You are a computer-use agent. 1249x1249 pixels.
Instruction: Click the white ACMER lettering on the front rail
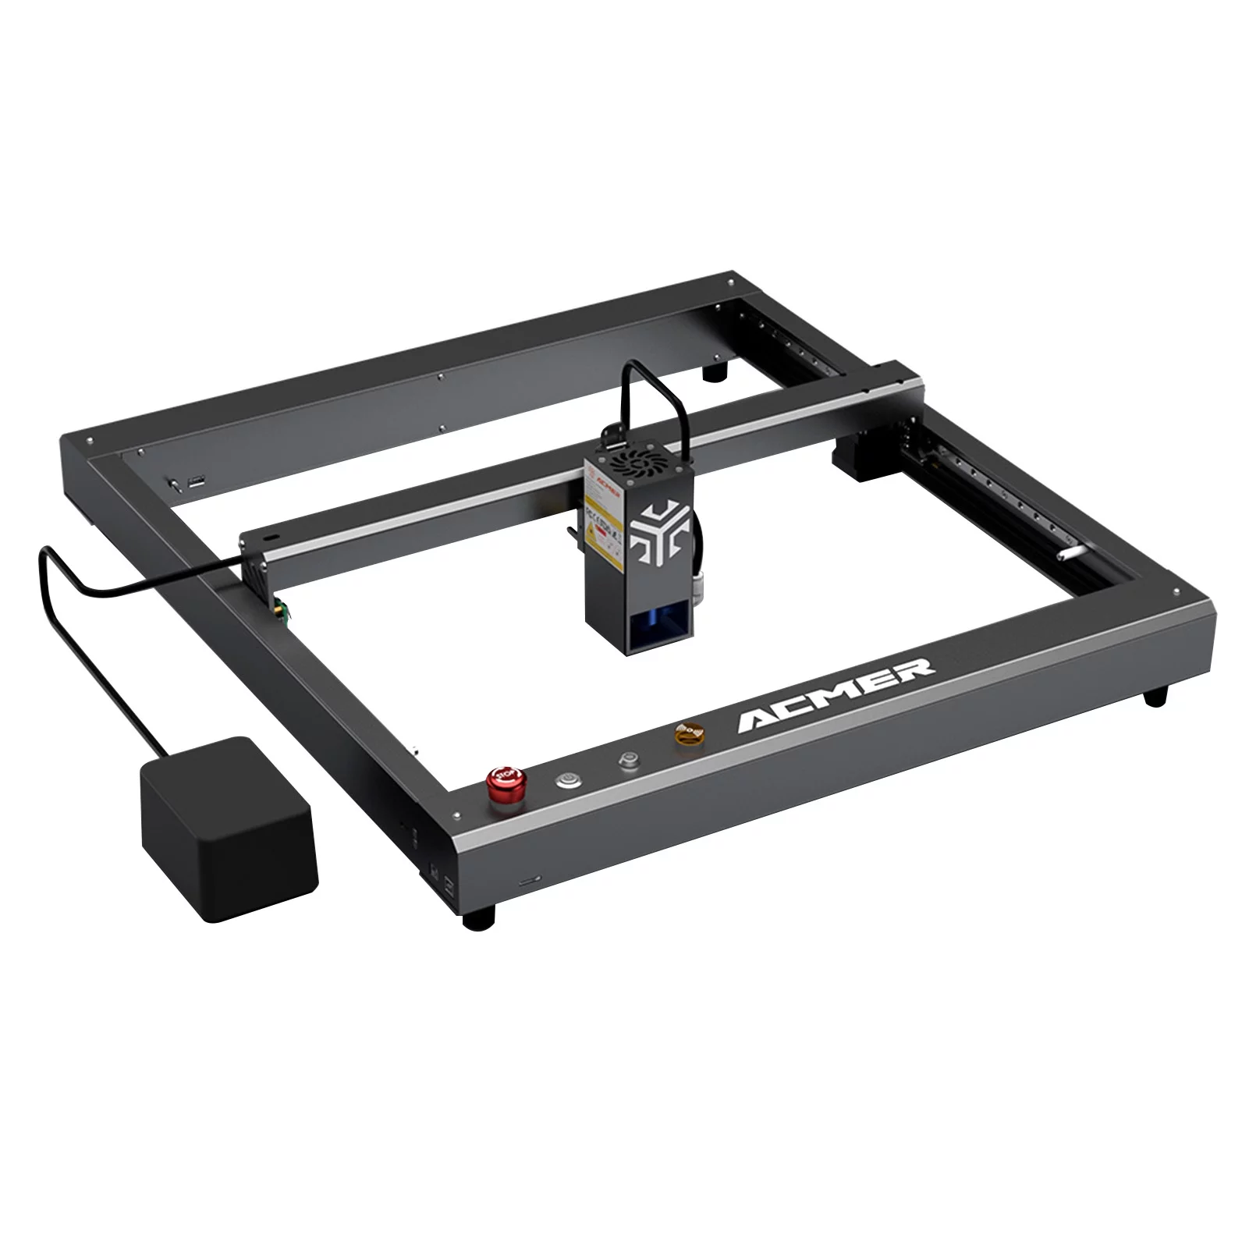836,692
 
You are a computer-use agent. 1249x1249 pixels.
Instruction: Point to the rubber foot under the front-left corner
478,918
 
